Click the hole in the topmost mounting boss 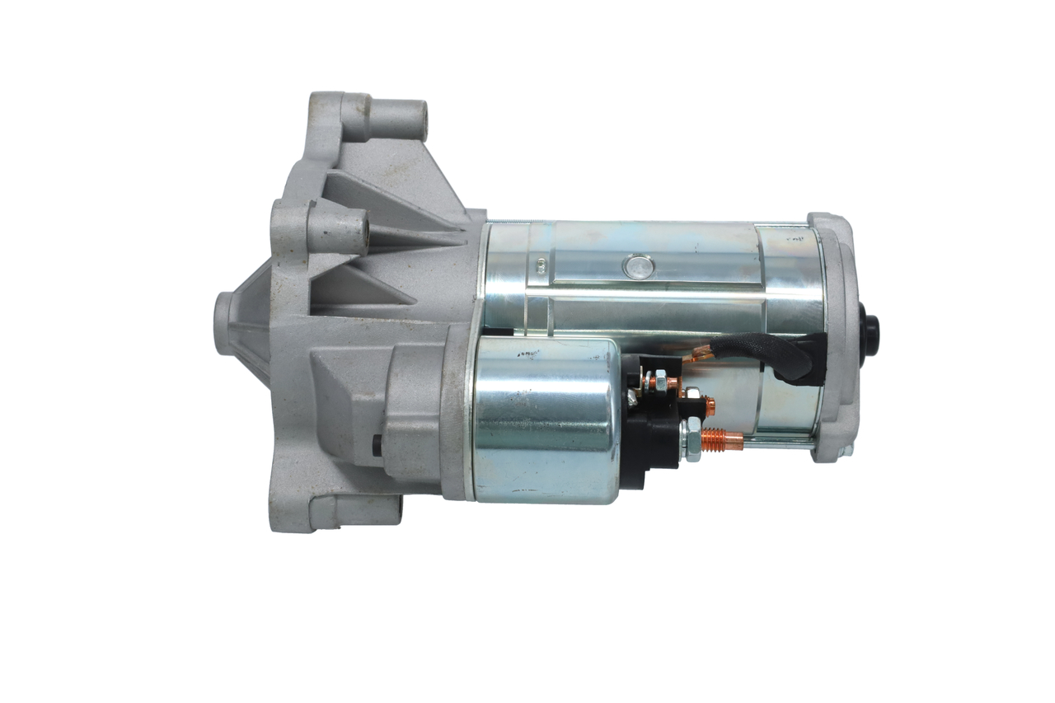tap(422, 120)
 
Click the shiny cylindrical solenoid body tap(544, 420)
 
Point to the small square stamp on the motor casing tap(542, 265)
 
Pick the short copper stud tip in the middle tap(708, 405)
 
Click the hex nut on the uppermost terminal tap(659, 382)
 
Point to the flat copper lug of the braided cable tap(701, 354)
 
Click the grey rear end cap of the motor tap(837, 338)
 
